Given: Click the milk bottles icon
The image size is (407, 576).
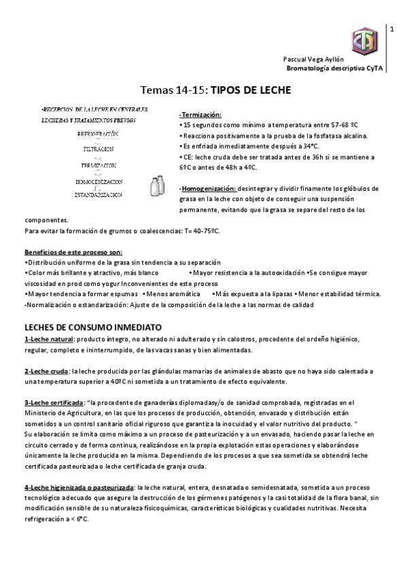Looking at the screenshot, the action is click(x=159, y=185).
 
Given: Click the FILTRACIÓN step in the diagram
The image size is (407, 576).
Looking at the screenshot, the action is click(x=99, y=149).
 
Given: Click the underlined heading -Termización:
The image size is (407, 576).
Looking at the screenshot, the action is click(x=201, y=115).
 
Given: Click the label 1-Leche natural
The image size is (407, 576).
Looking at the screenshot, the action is click(x=48, y=339).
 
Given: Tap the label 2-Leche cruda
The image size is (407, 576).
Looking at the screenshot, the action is click(x=46, y=372).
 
